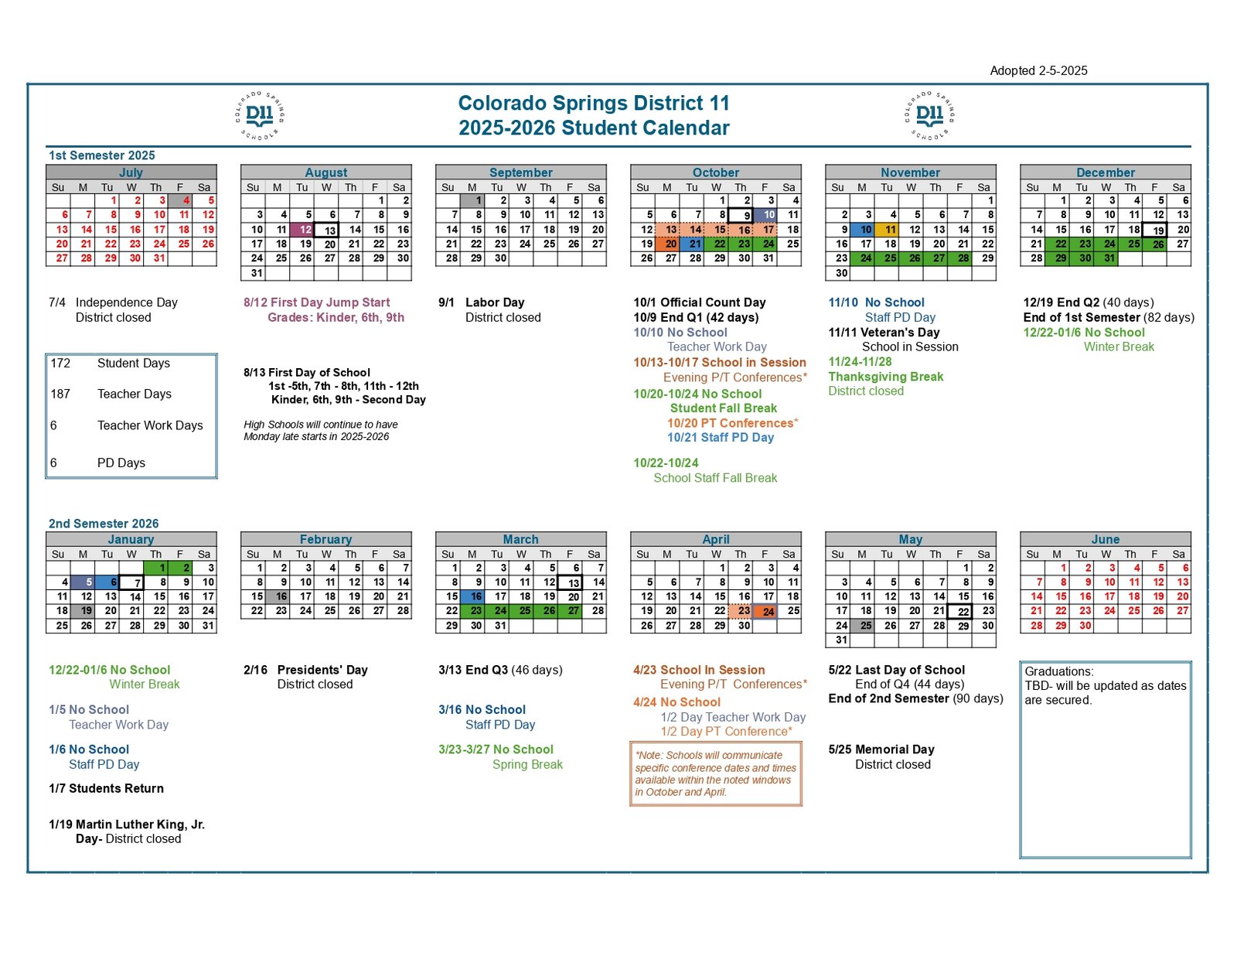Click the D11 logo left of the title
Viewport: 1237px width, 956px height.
pyautogui.click(x=260, y=115)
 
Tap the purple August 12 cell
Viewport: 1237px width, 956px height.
pyautogui.click(x=302, y=230)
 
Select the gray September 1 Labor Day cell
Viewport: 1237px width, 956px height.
pyautogui.click(x=472, y=200)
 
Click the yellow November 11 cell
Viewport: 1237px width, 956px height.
pyautogui.click(x=886, y=230)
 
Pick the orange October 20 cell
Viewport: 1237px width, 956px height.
pyautogui.click(x=666, y=244)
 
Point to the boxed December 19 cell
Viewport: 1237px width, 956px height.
pyautogui.click(x=1154, y=230)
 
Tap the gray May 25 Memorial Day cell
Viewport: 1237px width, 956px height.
pyautogui.click(x=862, y=625)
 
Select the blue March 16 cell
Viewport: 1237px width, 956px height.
pyautogui.click(x=472, y=596)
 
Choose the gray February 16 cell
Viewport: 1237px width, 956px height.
pyautogui.click(x=278, y=596)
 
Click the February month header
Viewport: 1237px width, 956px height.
pyautogui.click(x=325, y=538)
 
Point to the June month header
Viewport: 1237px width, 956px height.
pyautogui.click(x=1105, y=538)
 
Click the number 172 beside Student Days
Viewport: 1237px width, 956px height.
pyautogui.click(x=60, y=364)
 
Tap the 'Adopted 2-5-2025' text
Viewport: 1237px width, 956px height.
pyautogui.click(x=1038, y=70)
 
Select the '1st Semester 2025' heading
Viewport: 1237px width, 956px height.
pyautogui.click(x=101, y=155)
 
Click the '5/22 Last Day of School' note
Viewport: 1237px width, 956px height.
pyautogui.click(x=896, y=670)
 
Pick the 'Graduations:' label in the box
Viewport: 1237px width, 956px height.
pyautogui.click(x=1059, y=671)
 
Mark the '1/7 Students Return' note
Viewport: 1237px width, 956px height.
pyautogui.click(x=106, y=788)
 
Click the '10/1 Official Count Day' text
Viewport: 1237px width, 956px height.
pyautogui.click(x=699, y=302)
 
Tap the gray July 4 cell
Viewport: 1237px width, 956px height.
pyautogui.click(x=180, y=200)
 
